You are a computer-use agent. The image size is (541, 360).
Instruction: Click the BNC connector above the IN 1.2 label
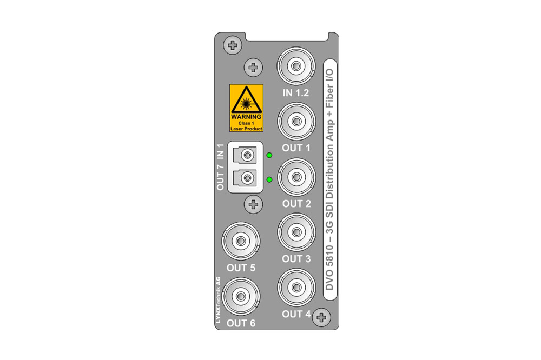(296, 66)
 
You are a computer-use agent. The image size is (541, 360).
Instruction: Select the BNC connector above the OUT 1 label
(296, 122)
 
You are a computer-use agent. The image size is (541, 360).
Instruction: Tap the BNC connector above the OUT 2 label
(296, 177)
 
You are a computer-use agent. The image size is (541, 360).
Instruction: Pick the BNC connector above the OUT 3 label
(296, 232)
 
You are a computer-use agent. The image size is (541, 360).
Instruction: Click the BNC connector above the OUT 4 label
(296, 288)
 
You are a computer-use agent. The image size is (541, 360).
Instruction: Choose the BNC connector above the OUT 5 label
(241, 241)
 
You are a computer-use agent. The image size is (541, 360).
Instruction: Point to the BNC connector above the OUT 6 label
(241, 297)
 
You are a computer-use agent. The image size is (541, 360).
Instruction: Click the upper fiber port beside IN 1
(245, 155)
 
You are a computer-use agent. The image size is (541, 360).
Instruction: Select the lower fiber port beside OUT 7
(245, 178)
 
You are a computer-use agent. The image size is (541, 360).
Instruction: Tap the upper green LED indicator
(269, 155)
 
